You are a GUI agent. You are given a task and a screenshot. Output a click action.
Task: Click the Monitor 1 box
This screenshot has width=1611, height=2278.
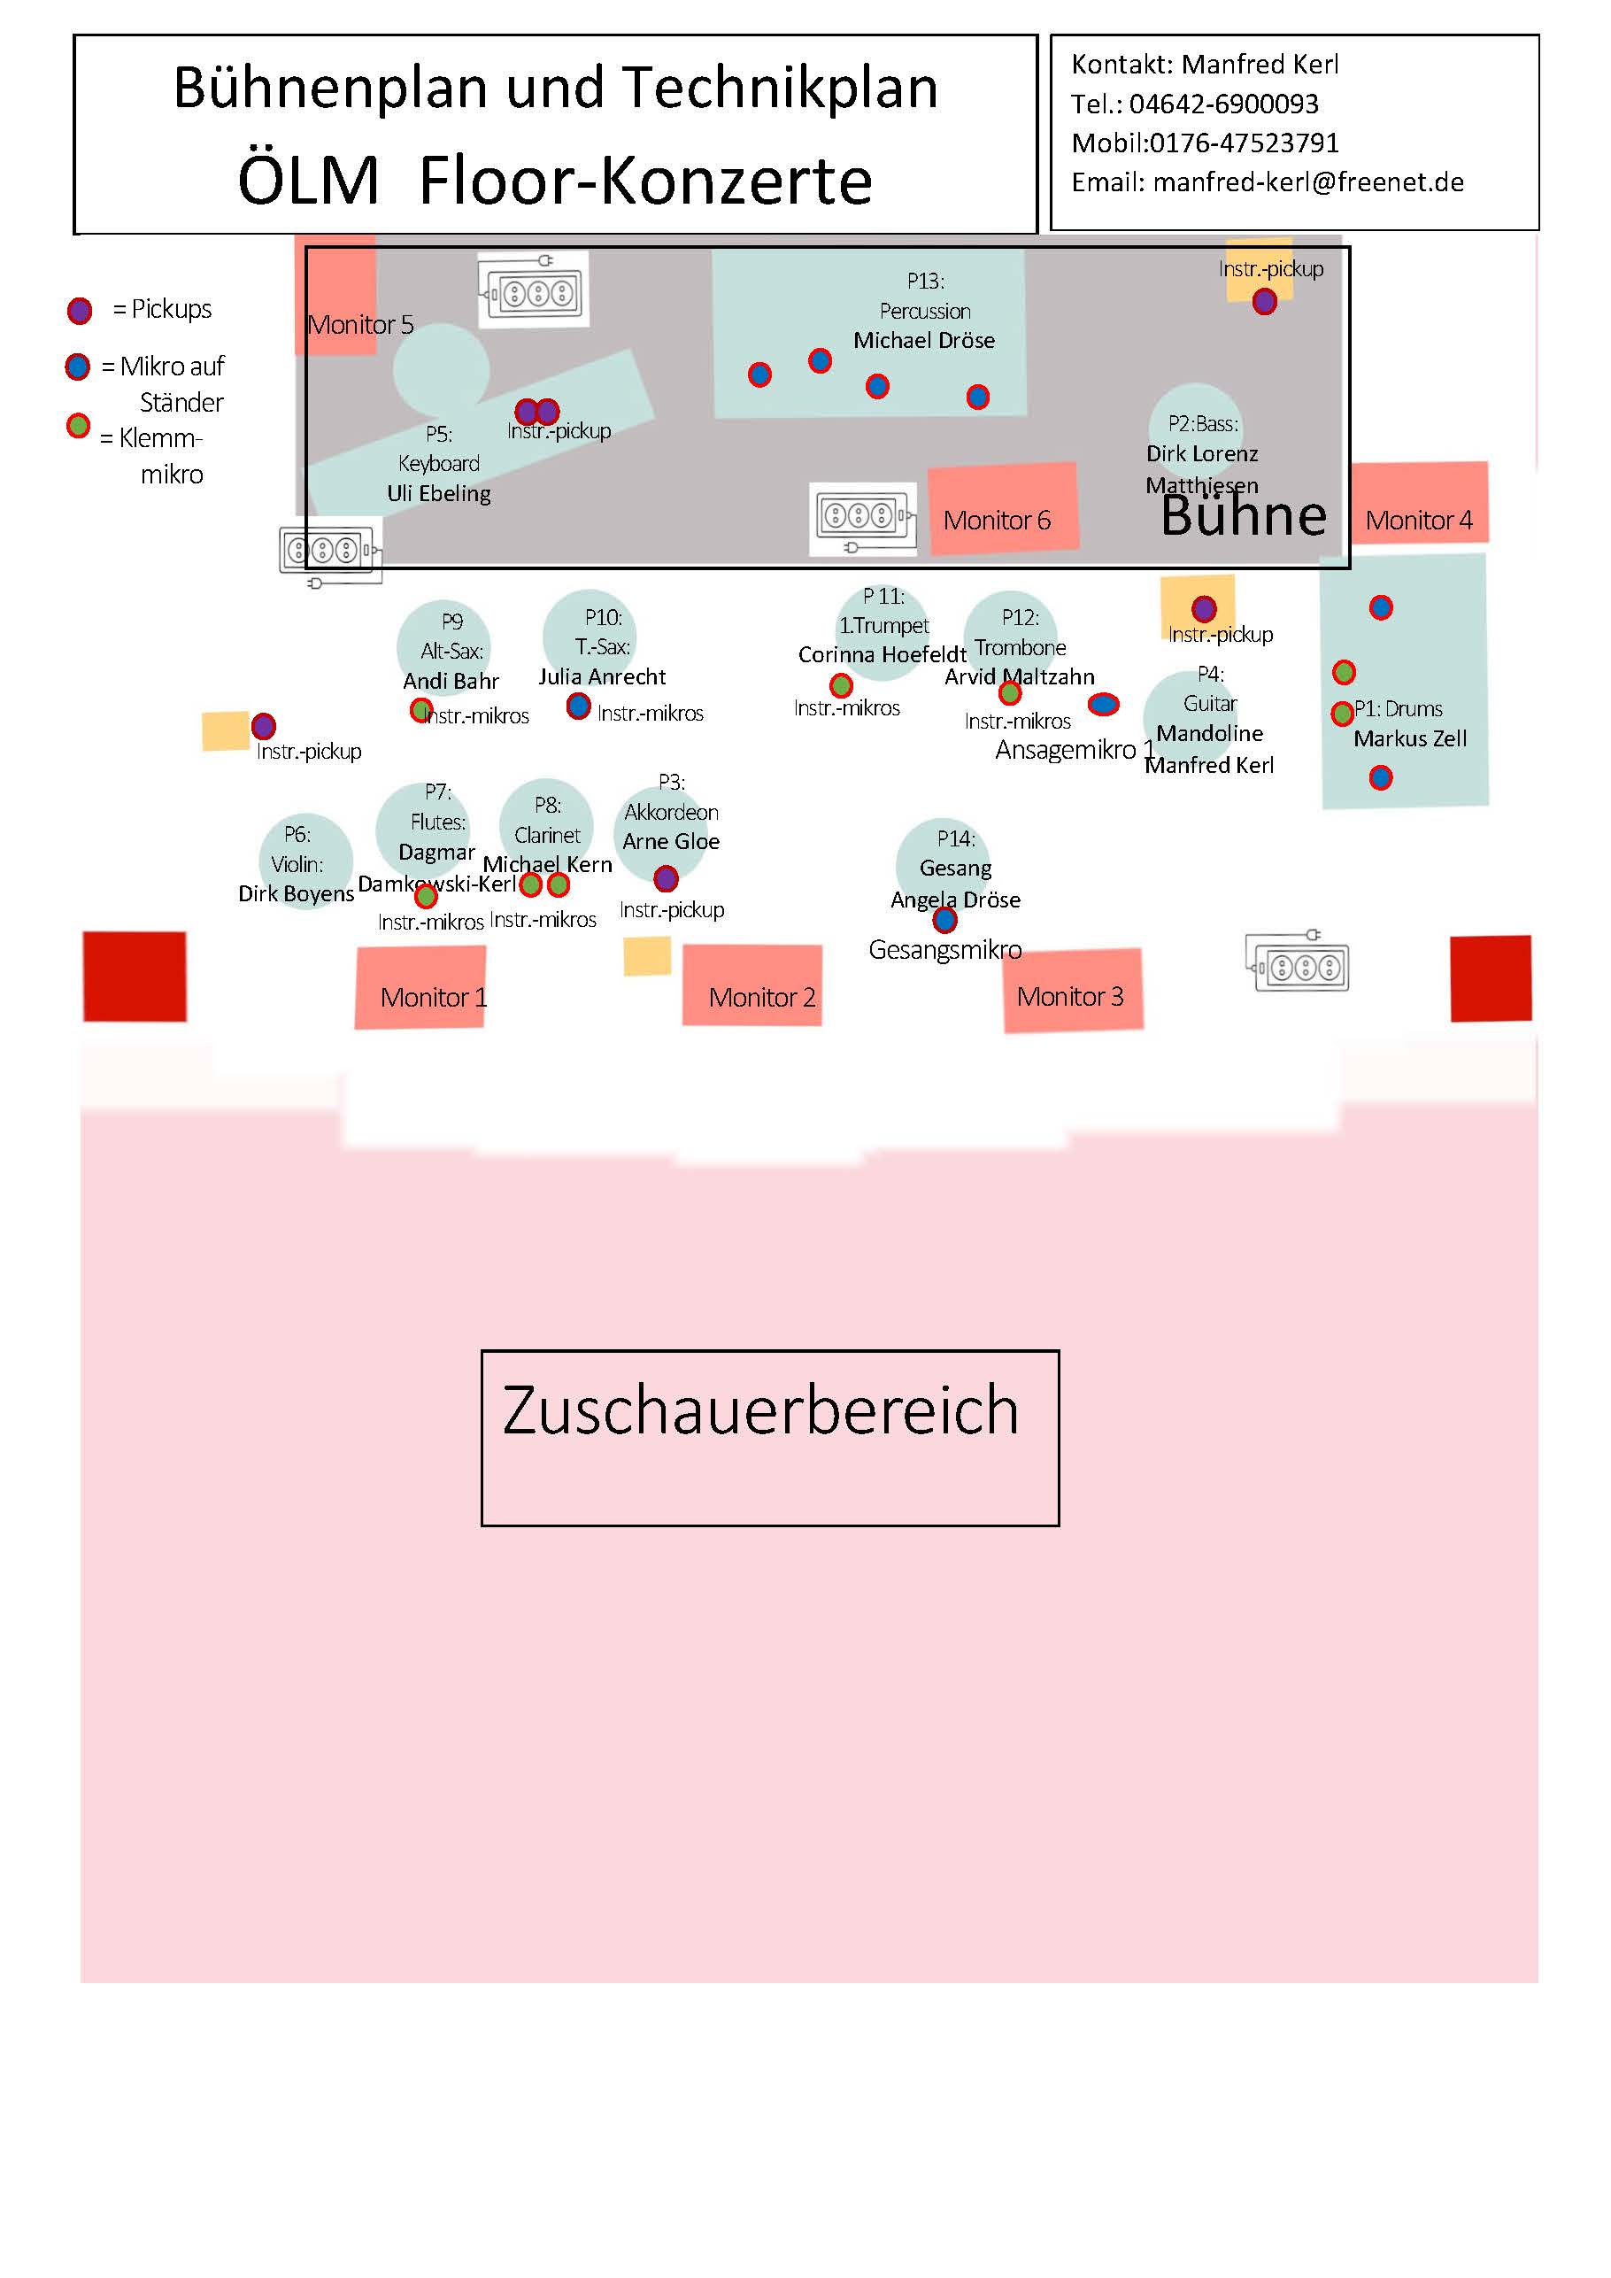(x=420, y=987)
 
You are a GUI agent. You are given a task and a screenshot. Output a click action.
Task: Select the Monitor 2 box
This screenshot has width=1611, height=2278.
(x=752, y=985)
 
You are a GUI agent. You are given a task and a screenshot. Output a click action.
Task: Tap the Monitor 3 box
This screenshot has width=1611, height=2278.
(x=1072, y=990)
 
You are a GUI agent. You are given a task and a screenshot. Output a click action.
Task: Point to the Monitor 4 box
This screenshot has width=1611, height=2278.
(x=1419, y=503)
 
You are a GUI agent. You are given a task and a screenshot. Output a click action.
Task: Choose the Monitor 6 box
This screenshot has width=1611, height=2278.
(x=1003, y=508)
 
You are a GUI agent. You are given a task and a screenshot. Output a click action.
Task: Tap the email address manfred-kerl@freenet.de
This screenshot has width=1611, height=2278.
(x=1307, y=182)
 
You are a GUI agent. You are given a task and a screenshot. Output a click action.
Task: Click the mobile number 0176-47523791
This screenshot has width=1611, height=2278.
(x=1244, y=143)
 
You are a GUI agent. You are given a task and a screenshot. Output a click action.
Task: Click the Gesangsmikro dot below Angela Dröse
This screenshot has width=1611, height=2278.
(x=945, y=921)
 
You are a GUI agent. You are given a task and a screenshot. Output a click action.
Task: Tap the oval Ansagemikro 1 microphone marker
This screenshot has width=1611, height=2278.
(x=1103, y=705)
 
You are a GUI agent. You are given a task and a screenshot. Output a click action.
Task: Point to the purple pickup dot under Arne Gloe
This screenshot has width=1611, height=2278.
(x=666, y=878)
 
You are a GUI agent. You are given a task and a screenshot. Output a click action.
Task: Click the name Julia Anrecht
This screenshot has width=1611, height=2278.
(x=602, y=676)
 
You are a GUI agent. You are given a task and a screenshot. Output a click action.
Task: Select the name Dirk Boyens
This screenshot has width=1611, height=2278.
(x=296, y=893)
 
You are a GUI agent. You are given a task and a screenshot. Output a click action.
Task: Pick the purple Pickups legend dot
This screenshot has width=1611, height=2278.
(x=80, y=311)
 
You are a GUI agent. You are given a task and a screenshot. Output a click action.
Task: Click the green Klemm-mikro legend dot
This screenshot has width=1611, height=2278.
(x=79, y=426)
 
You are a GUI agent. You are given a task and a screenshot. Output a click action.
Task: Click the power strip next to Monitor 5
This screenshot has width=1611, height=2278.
(x=534, y=290)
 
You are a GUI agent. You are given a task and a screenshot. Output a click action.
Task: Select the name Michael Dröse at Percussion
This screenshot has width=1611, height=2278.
(x=923, y=340)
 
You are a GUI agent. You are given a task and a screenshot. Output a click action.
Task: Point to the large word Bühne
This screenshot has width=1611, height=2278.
(x=1243, y=516)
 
